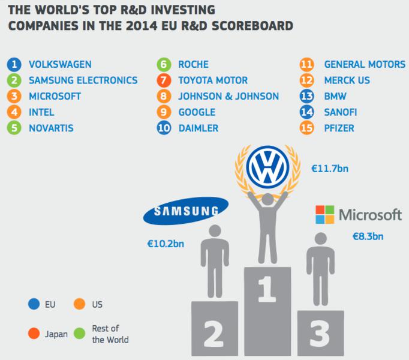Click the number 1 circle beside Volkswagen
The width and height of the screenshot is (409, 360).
pos(13,64)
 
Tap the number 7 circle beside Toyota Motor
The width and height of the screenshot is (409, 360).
pos(163,80)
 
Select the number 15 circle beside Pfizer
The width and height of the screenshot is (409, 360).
pos(307,127)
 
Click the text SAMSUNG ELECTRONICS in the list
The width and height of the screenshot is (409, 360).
pos(83,80)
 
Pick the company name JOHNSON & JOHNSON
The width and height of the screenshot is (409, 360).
pos(228,96)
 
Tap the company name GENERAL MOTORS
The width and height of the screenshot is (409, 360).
pos(365,64)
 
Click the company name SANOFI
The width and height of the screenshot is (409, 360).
pos(343,112)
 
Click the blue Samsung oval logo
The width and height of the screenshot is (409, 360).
pos(185,211)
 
